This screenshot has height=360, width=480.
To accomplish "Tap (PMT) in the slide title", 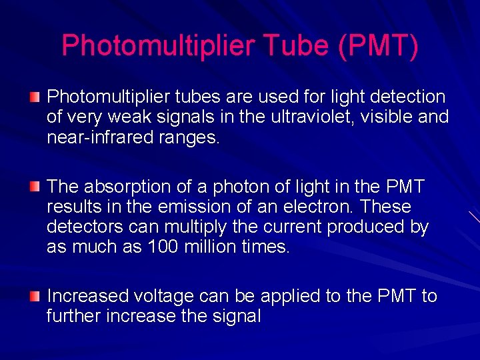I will coord(378,45).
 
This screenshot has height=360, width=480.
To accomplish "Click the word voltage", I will coord(165,296).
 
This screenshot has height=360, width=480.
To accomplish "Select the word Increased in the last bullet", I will coord(87,295).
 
